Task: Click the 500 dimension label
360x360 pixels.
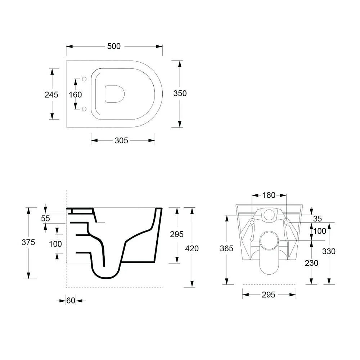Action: click(114, 46)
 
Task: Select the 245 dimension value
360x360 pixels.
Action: click(51, 95)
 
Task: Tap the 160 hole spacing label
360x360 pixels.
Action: click(75, 95)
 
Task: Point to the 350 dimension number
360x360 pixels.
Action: click(180, 94)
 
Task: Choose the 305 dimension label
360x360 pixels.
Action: click(121, 140)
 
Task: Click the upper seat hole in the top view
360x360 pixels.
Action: click(84, 79)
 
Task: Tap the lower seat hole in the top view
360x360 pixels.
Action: click(84, 109)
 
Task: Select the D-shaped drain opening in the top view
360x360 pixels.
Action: click(114, 94)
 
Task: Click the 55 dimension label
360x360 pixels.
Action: click(45, 219)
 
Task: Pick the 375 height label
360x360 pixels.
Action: click(28, 242)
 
